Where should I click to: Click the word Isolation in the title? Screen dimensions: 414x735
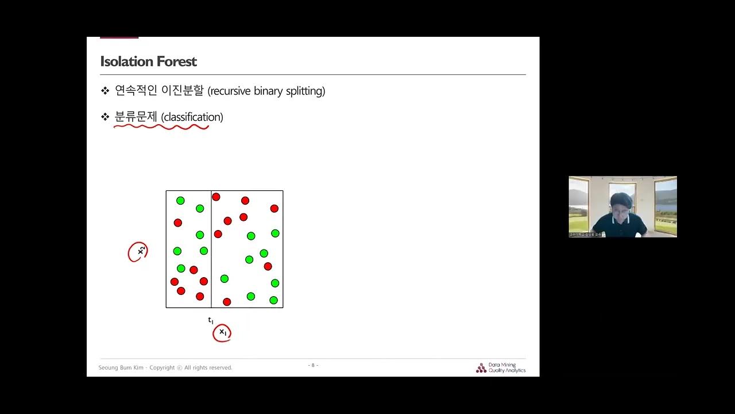point(123,62)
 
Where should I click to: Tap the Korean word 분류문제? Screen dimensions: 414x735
point(136,117)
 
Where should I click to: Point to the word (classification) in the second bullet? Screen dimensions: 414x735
point(192,117)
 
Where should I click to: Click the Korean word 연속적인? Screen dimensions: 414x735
point(136,91)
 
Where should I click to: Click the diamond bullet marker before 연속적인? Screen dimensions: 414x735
point(105,91)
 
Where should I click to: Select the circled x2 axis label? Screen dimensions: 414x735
point(138,252)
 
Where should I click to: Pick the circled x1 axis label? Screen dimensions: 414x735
point(222,332)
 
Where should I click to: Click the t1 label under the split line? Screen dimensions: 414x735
point(211,320)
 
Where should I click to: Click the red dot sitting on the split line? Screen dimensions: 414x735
point(216,197)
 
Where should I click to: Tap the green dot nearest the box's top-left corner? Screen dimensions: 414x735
point(180,201)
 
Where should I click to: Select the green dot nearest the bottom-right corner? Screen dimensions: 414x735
point(273,300)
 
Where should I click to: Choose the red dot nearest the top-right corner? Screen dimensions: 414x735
point(274,208)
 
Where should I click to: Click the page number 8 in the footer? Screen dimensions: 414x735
point(313,365)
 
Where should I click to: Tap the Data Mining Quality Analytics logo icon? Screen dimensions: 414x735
point(481,368)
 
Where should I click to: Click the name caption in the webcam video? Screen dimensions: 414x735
point(585,234)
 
